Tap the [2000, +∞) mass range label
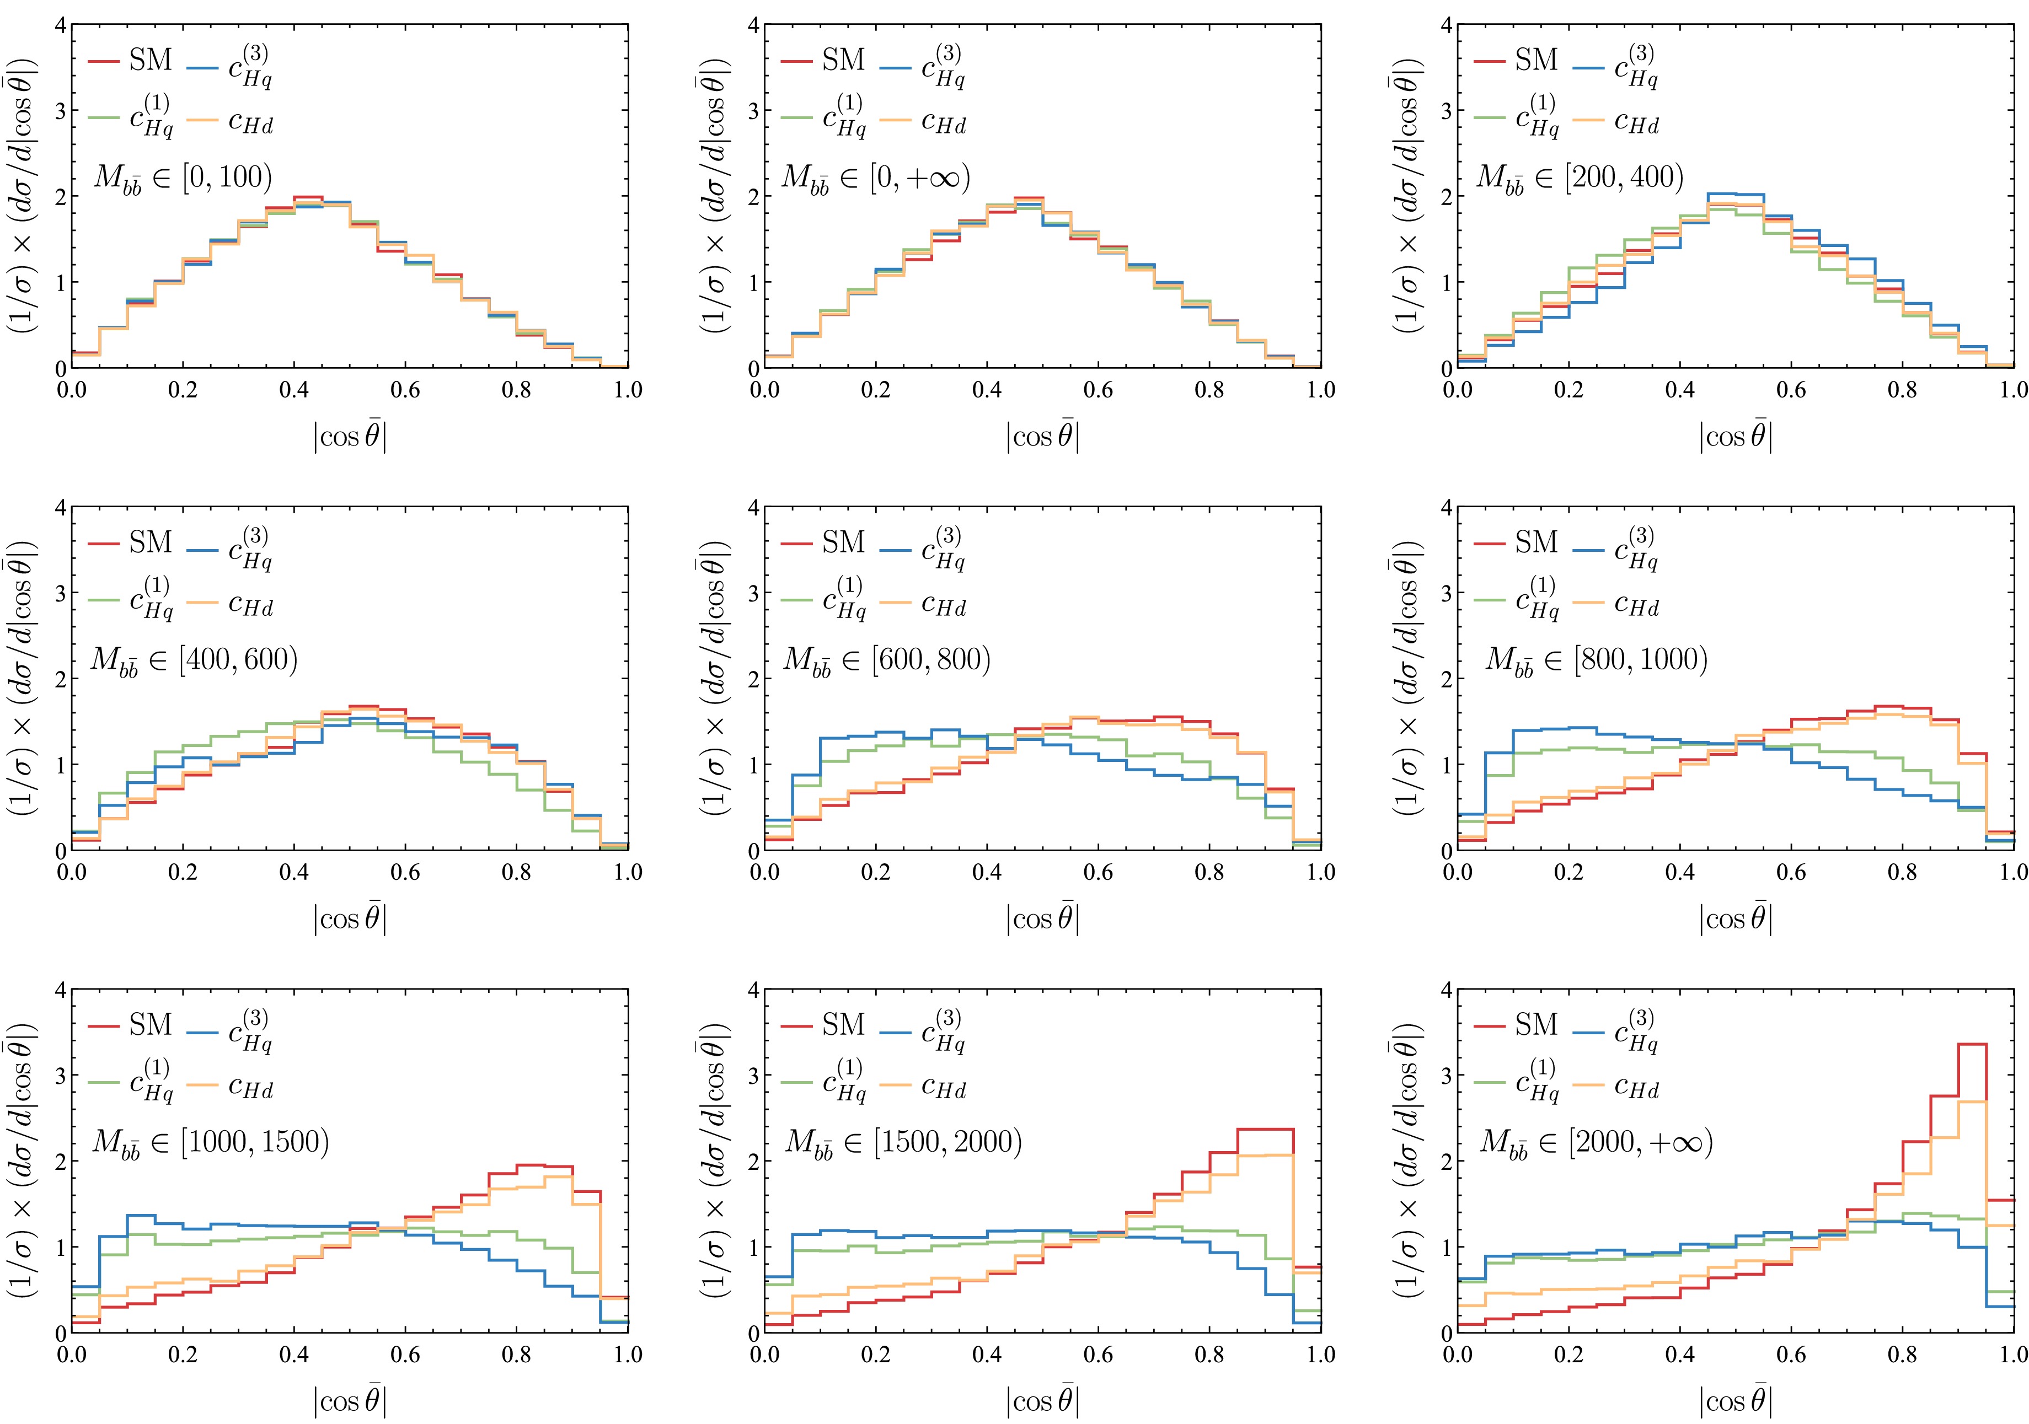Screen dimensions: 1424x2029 (x=1596, y=1142)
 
